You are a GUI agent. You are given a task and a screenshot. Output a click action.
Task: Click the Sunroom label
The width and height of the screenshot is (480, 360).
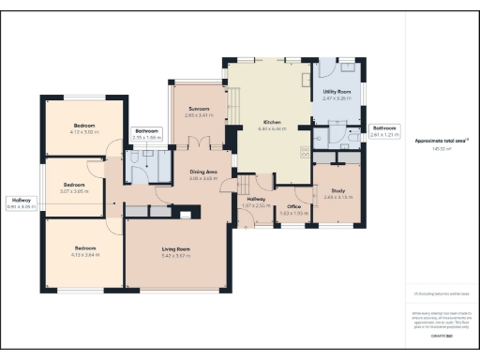[198, 109]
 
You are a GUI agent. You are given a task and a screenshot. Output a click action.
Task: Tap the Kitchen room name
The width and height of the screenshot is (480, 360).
[272, 123]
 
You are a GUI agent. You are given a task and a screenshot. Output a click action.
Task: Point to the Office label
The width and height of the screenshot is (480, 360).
[293, 205]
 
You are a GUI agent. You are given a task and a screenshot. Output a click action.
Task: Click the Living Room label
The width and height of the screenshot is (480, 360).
[177, 248]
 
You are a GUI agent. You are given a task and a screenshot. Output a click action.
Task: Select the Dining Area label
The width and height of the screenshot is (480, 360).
[203, 172]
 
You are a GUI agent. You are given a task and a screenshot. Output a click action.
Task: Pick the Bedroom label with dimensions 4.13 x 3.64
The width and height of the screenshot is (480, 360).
[85, 247]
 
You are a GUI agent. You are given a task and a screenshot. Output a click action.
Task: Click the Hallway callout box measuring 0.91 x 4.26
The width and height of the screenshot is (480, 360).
[21, 202]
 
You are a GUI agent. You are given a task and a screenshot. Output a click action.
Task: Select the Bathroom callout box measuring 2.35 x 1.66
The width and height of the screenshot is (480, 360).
[147, 134]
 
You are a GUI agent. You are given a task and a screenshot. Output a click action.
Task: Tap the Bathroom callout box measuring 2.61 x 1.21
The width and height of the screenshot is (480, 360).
[384, 130]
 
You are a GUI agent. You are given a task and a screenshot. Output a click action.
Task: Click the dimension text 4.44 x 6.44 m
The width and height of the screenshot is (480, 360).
[272, 129]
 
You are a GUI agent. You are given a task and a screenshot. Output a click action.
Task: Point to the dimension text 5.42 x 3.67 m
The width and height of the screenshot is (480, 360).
[177, 255]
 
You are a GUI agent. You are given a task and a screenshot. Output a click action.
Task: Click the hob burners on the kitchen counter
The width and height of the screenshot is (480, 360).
[306, 152]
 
